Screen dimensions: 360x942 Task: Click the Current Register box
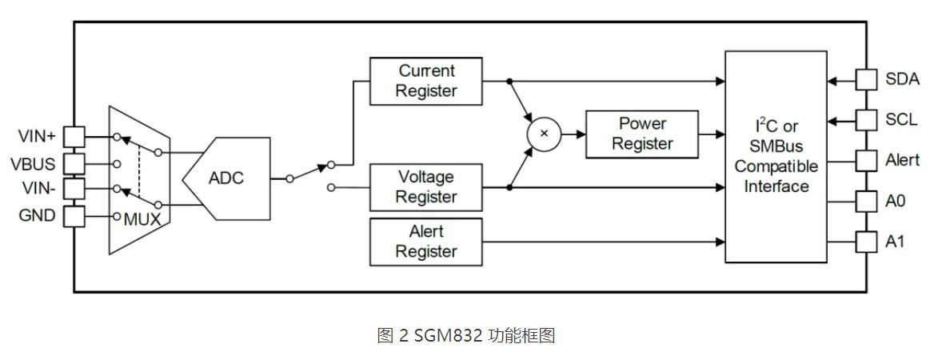click(426, 81)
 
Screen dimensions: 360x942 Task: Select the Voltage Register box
click(426, 187)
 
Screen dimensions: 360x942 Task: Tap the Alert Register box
click(426, 242)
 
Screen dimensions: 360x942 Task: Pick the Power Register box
click(641, 134)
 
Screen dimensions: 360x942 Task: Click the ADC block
click(226, 178)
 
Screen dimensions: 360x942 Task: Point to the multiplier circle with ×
click(544, 134)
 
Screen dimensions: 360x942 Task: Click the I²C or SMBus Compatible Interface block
click(776, 157)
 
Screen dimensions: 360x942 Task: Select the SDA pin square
click(867, 79)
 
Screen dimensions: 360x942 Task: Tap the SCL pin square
click(867, 121)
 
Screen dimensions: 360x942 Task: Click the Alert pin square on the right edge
click(867, 160)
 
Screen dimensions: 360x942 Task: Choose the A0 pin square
click(867, 200)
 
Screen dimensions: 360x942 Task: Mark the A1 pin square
click(867, 240)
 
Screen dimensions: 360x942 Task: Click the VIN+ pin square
click(74, 136)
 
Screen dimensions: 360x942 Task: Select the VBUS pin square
click(74, 163)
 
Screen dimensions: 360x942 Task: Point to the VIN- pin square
click(74, 190)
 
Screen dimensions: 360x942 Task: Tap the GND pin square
click(74, 216)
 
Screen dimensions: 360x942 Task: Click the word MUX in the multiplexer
click(142, 218)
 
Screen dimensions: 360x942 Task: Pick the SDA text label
click(902, 79)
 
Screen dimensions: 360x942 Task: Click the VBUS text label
click(33, 164)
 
